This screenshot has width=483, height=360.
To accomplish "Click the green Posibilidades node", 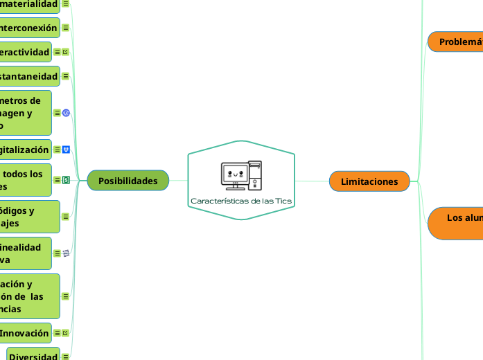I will [x=128, y=181].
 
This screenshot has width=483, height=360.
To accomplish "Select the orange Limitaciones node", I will [x=369, y=181].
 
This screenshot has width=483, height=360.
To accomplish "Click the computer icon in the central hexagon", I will [x=241, y=175].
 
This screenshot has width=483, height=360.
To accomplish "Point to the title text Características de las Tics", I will [x=241, y=201].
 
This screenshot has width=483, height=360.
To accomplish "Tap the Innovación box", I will [x=25, y=333].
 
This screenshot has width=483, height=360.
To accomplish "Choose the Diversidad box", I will [x=32, y=356].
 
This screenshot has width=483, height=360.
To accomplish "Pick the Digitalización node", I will [x=26, y=150].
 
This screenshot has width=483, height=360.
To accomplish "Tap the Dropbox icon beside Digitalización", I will [x=66, y=150].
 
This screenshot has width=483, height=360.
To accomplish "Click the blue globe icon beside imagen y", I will [x=66, y=113].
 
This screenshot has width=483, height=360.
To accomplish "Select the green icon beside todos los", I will [x=66, y=180].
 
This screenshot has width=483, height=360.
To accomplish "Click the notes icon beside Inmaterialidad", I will [x=66, y=4].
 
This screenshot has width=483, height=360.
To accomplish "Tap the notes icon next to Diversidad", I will [x=66, y=357].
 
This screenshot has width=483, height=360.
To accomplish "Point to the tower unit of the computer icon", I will [x=255, y=174].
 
